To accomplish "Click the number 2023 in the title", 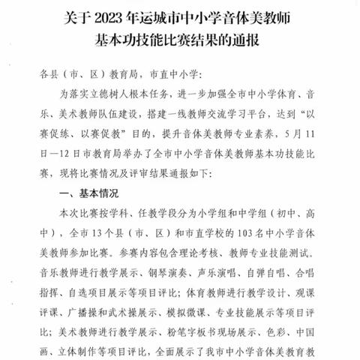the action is (133, 13).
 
